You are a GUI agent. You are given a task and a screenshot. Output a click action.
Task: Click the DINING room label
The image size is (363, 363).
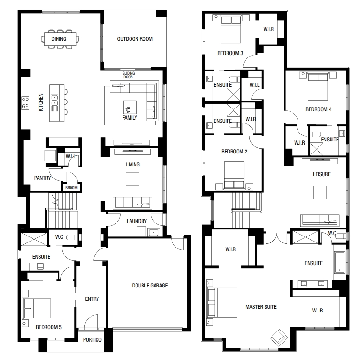click(x=58, y=39)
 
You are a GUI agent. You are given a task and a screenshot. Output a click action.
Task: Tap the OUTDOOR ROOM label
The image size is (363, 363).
click(x=135, y=39)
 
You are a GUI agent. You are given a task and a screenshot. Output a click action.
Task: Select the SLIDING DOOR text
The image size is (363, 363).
click(x=129, y=75)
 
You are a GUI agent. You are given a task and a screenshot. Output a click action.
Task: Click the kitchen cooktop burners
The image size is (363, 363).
click(x=26, y=103)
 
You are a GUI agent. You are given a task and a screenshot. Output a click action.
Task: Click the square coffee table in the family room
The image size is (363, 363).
click(x=130, y=107)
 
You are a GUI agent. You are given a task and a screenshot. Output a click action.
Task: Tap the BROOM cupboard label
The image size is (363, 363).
click(x=71, y=188)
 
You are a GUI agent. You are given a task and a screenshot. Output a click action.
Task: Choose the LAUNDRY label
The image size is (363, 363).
click(x=136, y=221)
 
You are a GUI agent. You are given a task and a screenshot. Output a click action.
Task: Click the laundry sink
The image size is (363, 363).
click(x=153, y=232)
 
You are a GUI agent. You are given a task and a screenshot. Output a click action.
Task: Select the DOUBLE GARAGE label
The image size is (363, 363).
click(x=150, y=286)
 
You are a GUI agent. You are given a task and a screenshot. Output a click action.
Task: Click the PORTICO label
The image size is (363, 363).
click(x=92, y=340)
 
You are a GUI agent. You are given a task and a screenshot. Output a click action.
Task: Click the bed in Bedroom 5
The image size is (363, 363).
click(x=37, y=308)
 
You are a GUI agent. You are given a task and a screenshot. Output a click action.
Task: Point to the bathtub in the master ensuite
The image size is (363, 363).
click(x=340, y=262)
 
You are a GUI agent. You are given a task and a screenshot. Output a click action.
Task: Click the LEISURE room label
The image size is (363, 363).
click(x=322, y=174)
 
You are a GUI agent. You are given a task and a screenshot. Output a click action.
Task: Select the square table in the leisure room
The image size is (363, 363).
click(x=320, y=192)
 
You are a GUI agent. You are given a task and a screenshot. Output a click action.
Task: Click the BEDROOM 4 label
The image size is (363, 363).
click(x=318, y=109)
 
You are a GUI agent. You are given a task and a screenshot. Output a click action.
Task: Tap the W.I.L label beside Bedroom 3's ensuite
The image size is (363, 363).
click(x=254, y=85)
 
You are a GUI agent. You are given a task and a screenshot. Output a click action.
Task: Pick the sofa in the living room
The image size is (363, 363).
click(x=133, y=203)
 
